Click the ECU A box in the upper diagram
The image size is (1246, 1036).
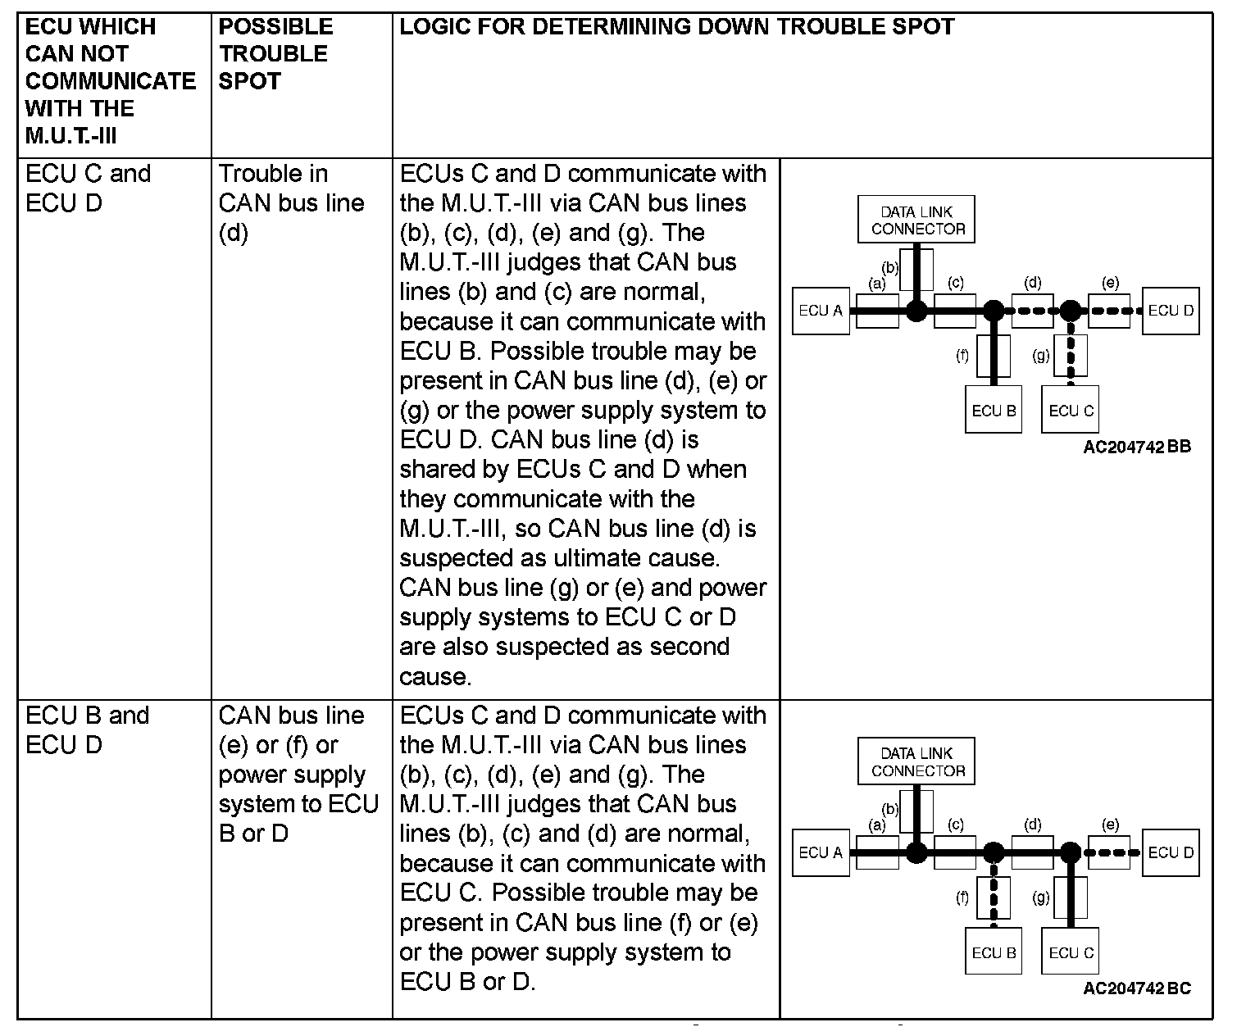pyautogui.click(x=820, y=311)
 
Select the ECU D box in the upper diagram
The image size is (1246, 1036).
pyautogui.click(x=1171, y=311)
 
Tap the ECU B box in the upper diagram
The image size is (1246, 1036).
pyautogui.click(x=994, y=410)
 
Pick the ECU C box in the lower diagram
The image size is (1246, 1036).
pyautogui.click(x=1071, y=952)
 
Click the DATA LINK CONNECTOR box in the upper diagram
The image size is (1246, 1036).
pyautogui.click(x=917, y=220)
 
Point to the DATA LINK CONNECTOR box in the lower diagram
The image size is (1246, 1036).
pyautogui.click(x=917, y=761)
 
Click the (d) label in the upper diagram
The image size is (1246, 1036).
pyautogui.click(x=1033, y=283)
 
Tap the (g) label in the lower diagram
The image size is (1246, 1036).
pyautogui.click(x=1041, y=897)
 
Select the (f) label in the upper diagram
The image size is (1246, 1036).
pyautogui.click(x=962, y=356)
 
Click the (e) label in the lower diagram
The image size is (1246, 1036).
pyautogui.click(x=1110, y=825)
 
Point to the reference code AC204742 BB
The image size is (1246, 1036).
pyautogui.click(x=1137, y=447)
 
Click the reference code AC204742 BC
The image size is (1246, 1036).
pyautogui.click(x=1137, y=988)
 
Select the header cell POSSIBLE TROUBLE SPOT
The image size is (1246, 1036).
pyautogui.click(x=275, y=54)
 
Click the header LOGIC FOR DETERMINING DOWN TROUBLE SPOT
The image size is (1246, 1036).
pyautogui.click(x=676, y=27)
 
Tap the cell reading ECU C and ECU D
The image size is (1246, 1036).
pyautogui.click(x=89, y=188)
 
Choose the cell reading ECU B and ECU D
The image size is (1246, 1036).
pyautogui.click(x=88, y=729)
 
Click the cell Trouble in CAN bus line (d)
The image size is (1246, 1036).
pyautogui.click(x=291, y=202)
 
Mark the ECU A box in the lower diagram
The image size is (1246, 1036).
pyautogui.click(x=820, y=852)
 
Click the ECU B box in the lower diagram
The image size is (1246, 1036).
pyautogui.click(x=994, y=952)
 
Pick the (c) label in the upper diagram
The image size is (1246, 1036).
pyautogui.click(x=955, y=283)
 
